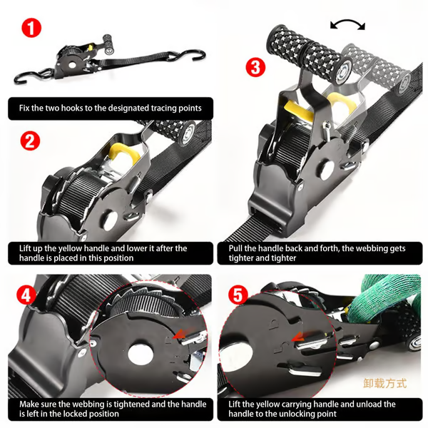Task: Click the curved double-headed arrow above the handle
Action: pos(347,24)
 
